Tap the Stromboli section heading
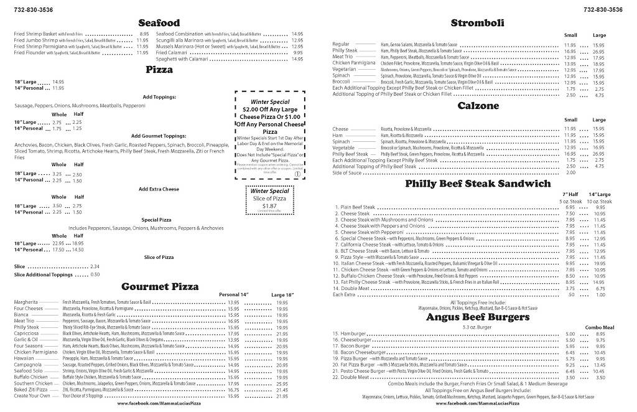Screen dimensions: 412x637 pos(477,23)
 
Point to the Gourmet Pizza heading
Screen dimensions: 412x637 pos(159,286)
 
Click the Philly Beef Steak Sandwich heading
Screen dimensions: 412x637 pos(477,184)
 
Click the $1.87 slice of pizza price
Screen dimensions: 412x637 pos(269,205)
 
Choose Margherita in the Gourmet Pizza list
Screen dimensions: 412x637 pos(27,302)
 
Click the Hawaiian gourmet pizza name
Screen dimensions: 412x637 pos(26,358)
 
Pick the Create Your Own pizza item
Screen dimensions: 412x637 pos(32,395)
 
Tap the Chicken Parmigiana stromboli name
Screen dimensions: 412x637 pos(354,63)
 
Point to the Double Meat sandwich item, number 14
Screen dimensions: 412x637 pos(354,288)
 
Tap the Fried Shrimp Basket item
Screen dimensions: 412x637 pos(35,34)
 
